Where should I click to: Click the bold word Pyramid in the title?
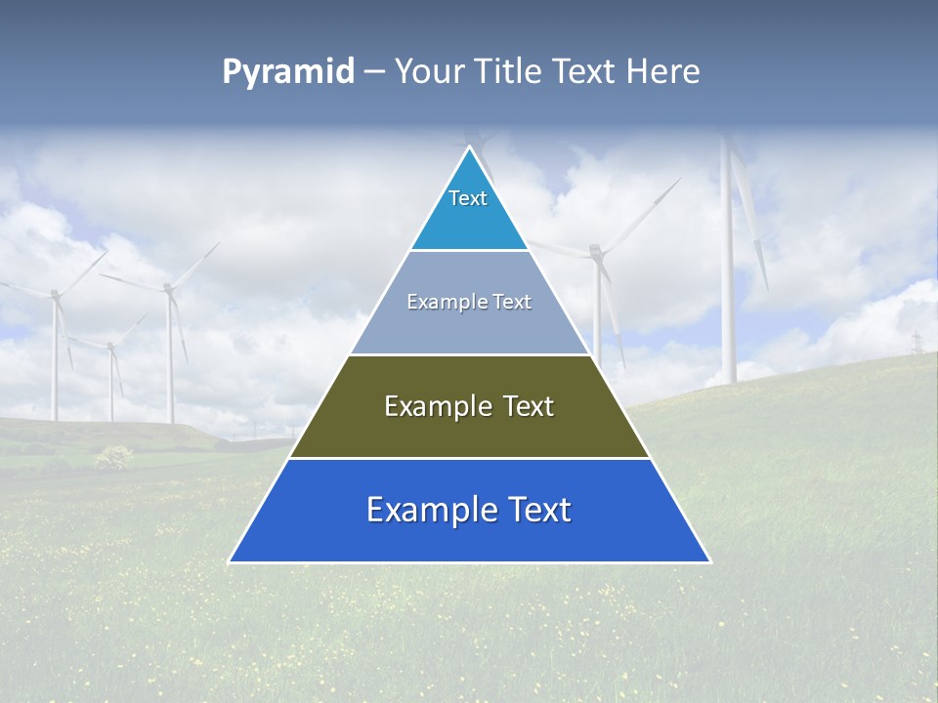(288, 71)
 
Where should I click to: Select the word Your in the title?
(428, 71)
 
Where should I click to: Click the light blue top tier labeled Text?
(469, 210)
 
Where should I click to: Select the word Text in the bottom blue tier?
(532, 510)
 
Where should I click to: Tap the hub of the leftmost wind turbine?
(55, 294)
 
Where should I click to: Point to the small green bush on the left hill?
(114, 456)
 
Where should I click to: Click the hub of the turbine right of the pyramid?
(595, 253)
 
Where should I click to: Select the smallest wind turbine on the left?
(111, 371)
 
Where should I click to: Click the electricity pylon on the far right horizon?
(917, 343)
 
